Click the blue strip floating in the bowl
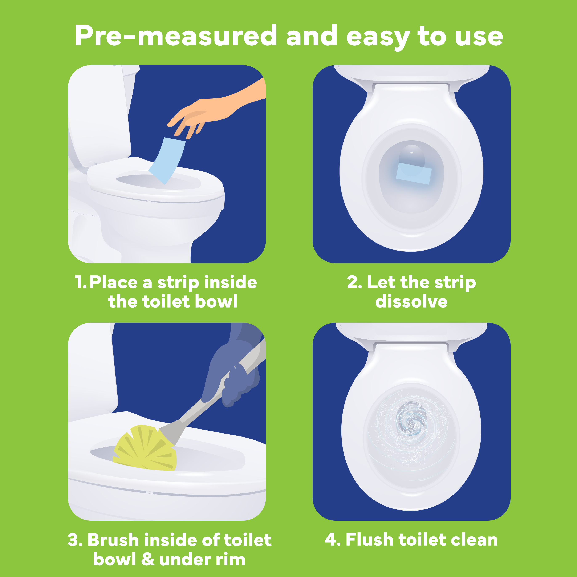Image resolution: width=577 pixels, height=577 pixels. pos(414,174)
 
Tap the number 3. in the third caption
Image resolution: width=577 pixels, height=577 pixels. pos(75,540)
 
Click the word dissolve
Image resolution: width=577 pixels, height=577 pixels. pos(411,301)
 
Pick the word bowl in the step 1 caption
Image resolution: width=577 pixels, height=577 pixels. pos(216,301)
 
